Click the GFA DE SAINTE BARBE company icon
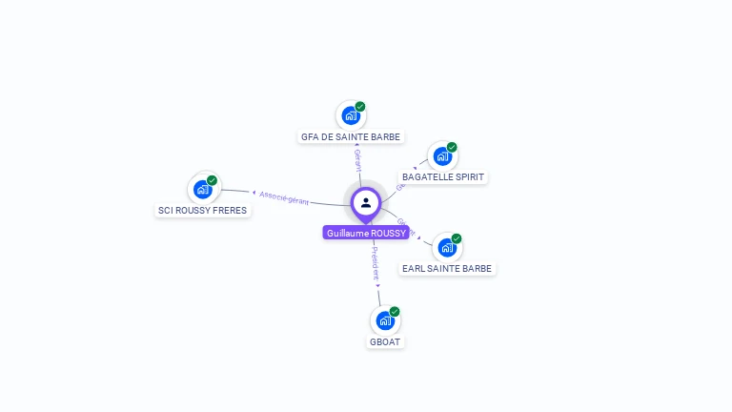click(x=351, y=116)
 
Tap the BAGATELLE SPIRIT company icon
click(x=442, y=156)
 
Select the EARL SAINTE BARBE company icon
click(x=447, y=248)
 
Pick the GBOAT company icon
click(x=385, y=320)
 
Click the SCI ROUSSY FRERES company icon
click(x=203, y=189)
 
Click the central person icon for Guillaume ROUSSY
click(x=366, y=202)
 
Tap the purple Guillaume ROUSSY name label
click(x=366, y=233)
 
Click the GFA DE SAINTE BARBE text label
click(x=351, y=137)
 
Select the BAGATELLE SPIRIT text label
click(x=443, y=177)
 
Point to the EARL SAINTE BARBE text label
click(x=447, y=269)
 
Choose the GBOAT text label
click(x=385, y=341)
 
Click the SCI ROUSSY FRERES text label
click(x=203, y=210)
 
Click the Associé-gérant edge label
click(x=284, y=197)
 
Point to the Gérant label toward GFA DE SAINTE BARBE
click(x=358, y=160)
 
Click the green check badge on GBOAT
click(x=395, y=312)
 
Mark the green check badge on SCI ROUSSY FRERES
click(x=213, y=180)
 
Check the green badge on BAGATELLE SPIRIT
click(x=452, y=148)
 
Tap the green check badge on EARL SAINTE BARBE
click(x=457, y=238)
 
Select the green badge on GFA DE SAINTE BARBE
click(x=360, y=107)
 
